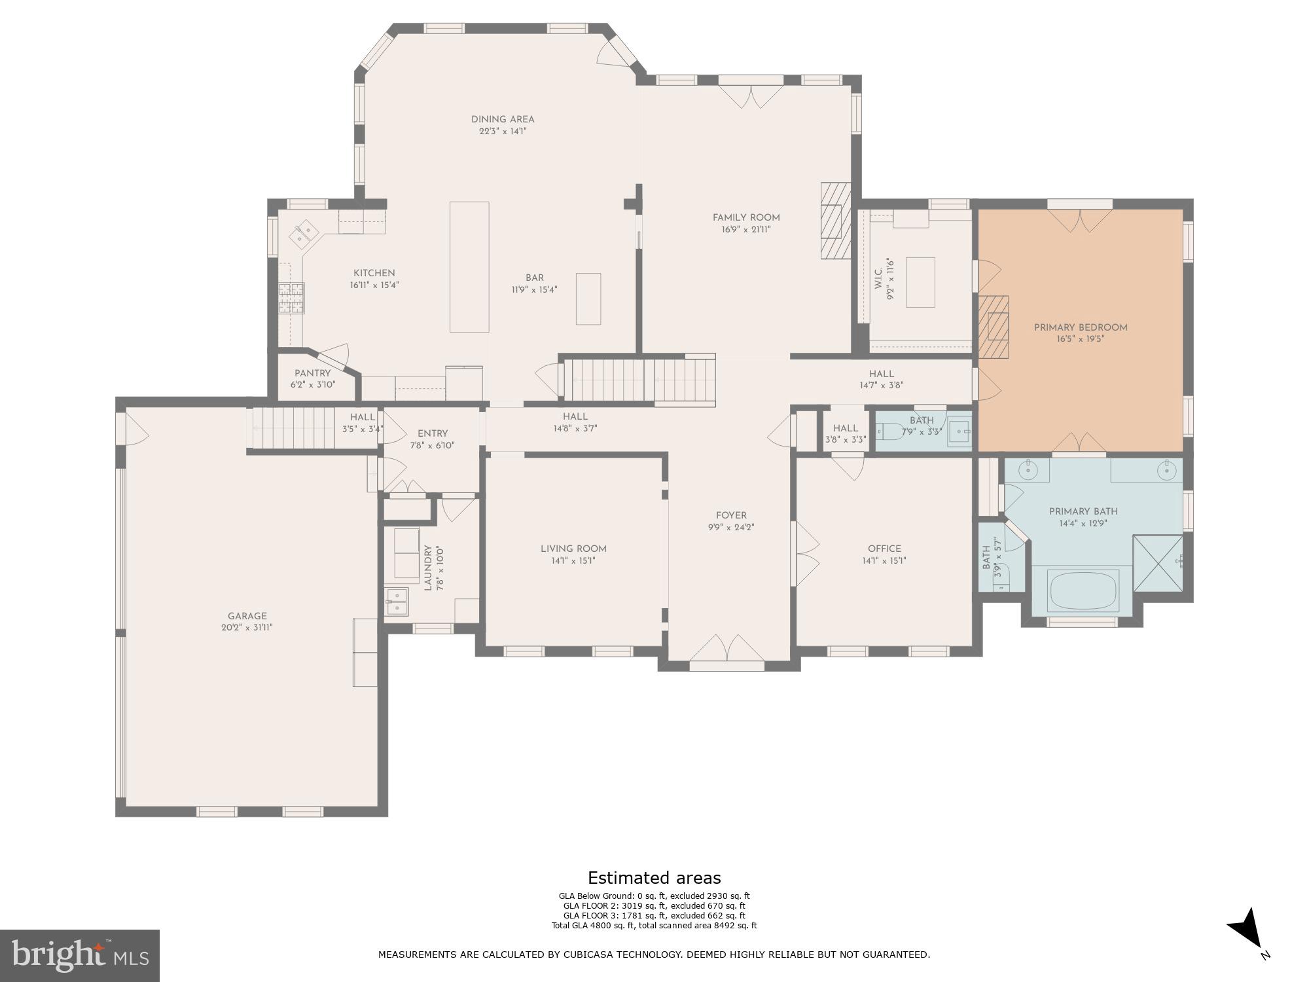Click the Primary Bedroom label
click(x=1080, y=328)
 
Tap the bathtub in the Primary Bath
click(x=1084, y=591)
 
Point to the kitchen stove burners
click(x=291, y=298)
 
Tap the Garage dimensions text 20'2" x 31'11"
click(x=247, y=628)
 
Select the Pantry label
click(x=312, y=373)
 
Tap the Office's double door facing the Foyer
click(x=805, y=554)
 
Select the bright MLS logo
click(x=80, y=955)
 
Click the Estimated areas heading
click(x=654, y=878)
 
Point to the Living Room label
click(x=573, y=549)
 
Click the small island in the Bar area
click(x=588, y=299)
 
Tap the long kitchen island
click(x=469, y=266)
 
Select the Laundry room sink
click(x=396, y=602)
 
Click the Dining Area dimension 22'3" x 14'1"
click(x=503, y=131)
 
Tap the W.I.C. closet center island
click(x=920, y=282)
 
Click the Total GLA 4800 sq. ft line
click(x=654, y=926)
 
